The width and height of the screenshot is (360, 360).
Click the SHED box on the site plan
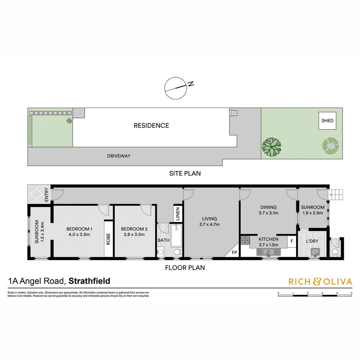(327, 121)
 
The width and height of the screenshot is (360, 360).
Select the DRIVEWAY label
(119, 156)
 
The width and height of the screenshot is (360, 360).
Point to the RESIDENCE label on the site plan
(151, 126)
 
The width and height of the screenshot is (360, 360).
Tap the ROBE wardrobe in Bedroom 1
(108, 239)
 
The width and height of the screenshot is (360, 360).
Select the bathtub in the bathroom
(177, 235)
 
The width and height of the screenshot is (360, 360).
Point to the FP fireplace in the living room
(234, 252)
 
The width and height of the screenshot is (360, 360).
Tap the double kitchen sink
(270, 252)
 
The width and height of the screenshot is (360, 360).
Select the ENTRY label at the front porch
(46, 195)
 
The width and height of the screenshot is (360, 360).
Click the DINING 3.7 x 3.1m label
(268, 210)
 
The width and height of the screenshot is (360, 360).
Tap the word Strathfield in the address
(89, 281)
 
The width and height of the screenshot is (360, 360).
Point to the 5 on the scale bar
(352, 293)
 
